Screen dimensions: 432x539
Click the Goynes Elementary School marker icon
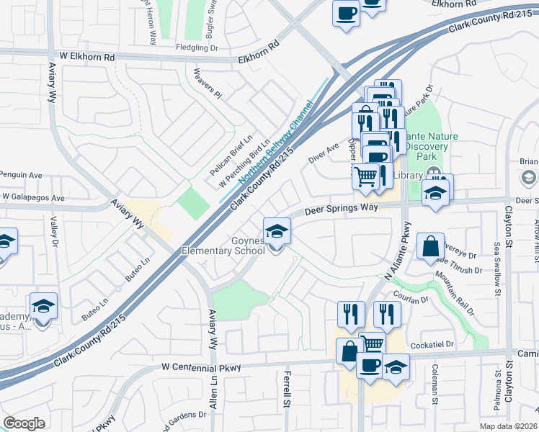(275, 233)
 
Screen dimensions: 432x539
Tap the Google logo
(24, 423)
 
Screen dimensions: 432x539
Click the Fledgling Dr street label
(197, 48)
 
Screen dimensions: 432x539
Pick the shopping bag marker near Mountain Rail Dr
(430, 247)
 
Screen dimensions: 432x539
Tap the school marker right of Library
(435, 192)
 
